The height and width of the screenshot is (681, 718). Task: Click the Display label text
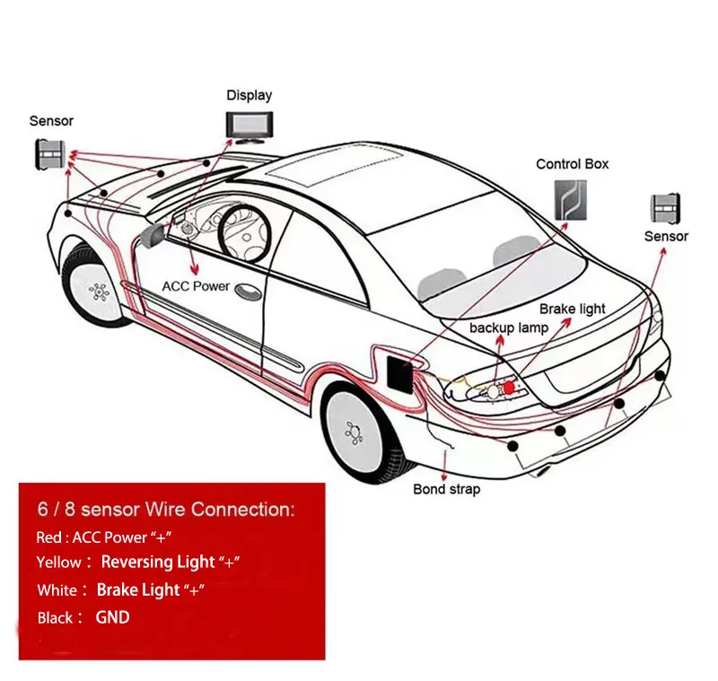coord(249,95)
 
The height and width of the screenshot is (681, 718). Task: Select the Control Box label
coord(572,164)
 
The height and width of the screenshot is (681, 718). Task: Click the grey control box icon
coord(570,200)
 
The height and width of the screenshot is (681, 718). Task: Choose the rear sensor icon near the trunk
coord(666,208)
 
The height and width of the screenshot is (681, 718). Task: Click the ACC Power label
coord(196,286)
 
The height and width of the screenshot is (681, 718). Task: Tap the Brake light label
coord(572,309)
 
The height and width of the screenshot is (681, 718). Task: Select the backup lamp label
coord(508,327)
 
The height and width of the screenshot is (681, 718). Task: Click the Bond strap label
coord(446,489)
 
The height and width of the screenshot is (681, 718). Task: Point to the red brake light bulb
coord(509,388)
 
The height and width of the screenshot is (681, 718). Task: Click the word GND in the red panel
coord(112,617)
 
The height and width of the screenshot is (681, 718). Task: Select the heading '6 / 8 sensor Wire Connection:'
coord(165,510)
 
